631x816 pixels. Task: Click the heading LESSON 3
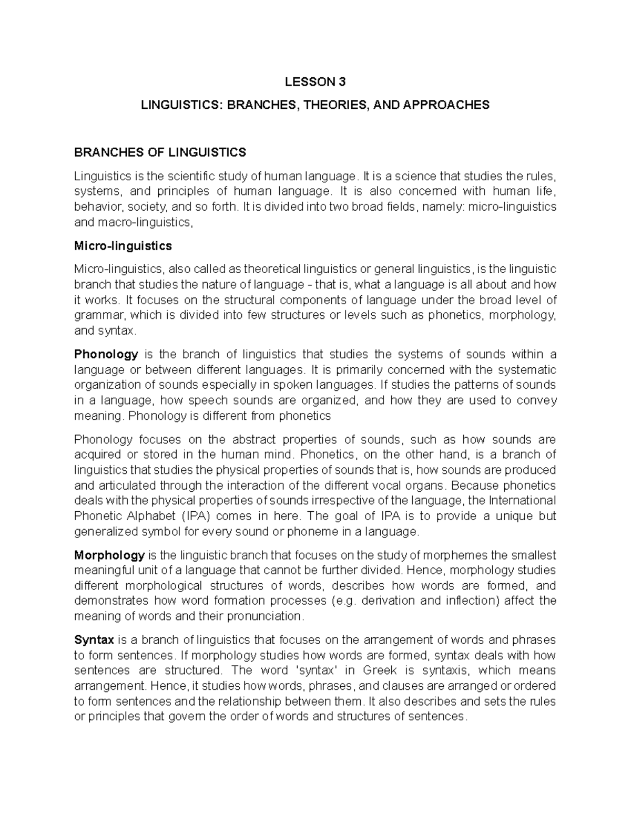tap(315, 81)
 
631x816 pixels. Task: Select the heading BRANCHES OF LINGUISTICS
tap(160, 152)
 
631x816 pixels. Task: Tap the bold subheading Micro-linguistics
tap(123, 245)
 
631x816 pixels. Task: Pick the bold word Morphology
tap(109, 555)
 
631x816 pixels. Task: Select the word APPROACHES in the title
tap(446, 105)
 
